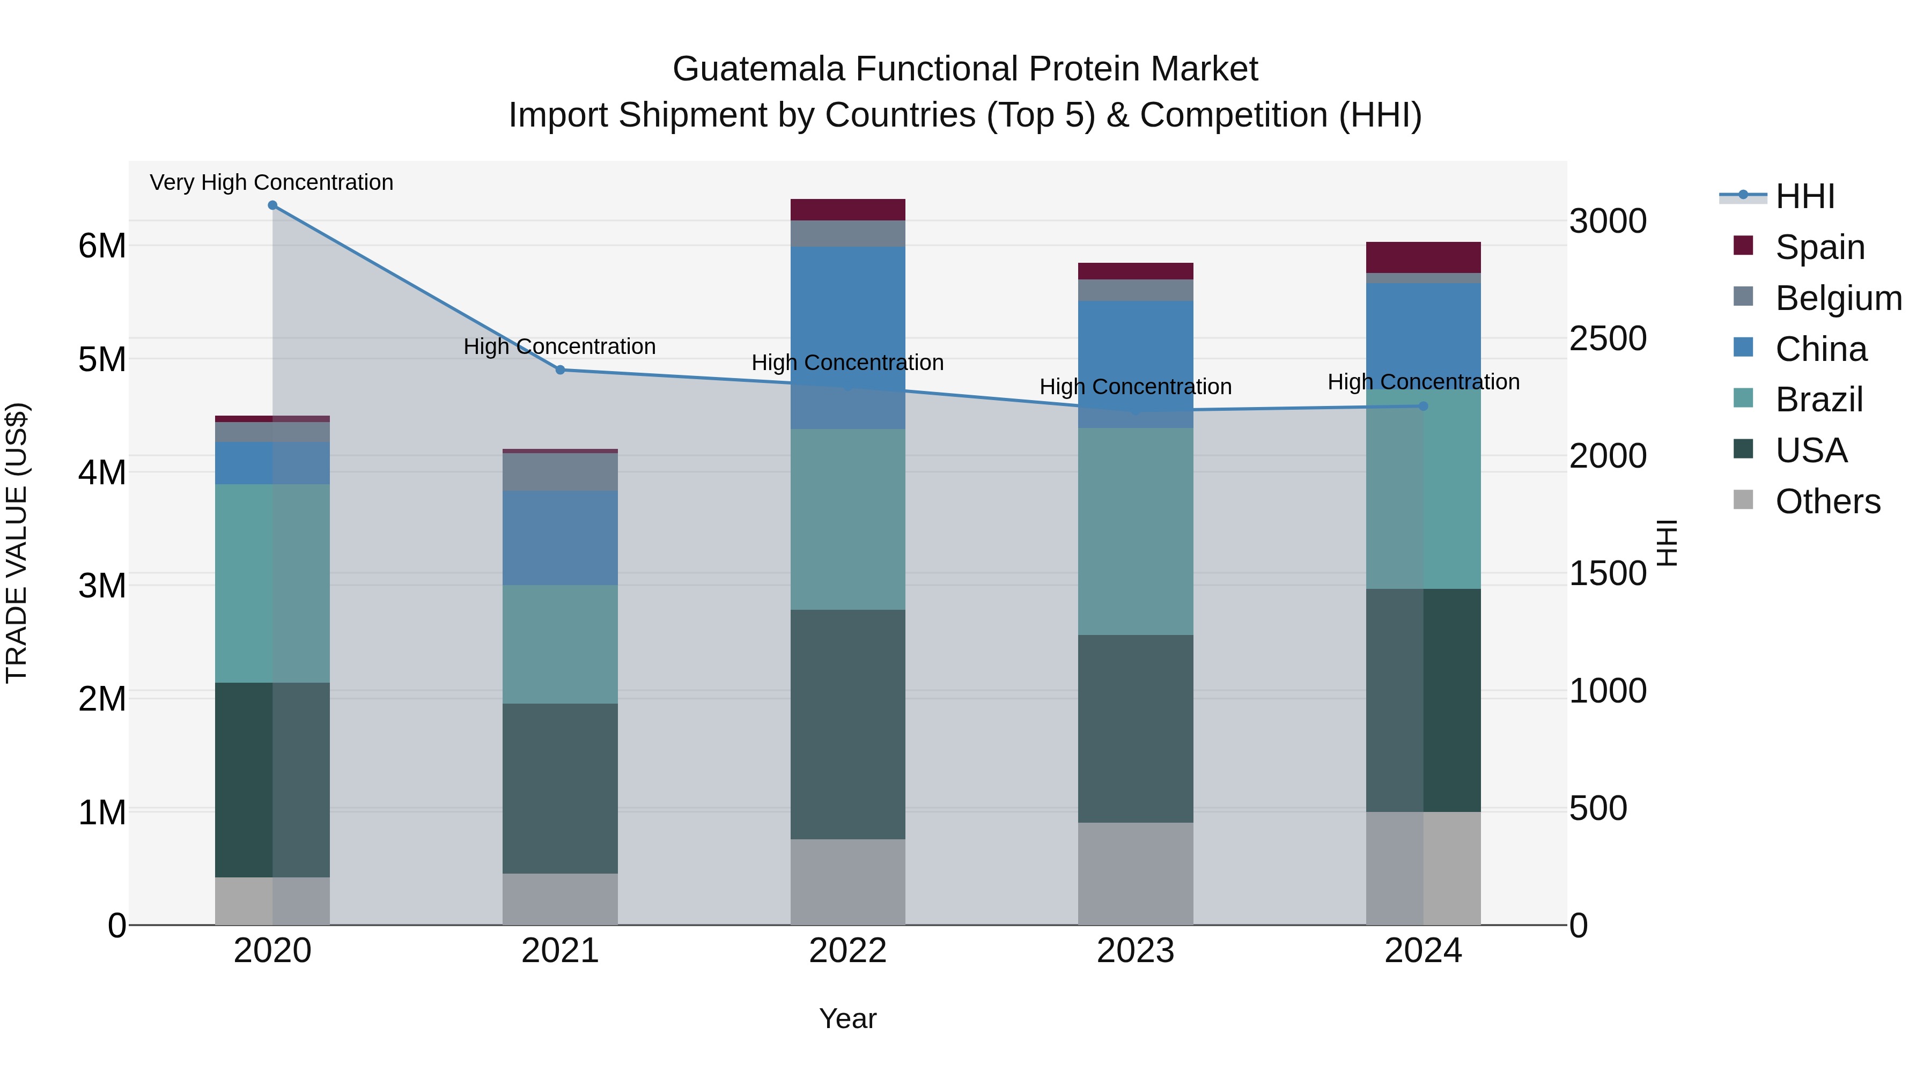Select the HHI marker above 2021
560,370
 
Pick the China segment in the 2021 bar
560,537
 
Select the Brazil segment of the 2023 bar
1135,531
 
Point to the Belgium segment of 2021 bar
560,471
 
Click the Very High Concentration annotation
271,183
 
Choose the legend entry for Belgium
1838,298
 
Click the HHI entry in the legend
1804,196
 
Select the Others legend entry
1827,501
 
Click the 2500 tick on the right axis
1608,339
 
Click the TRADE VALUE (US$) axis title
17,543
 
